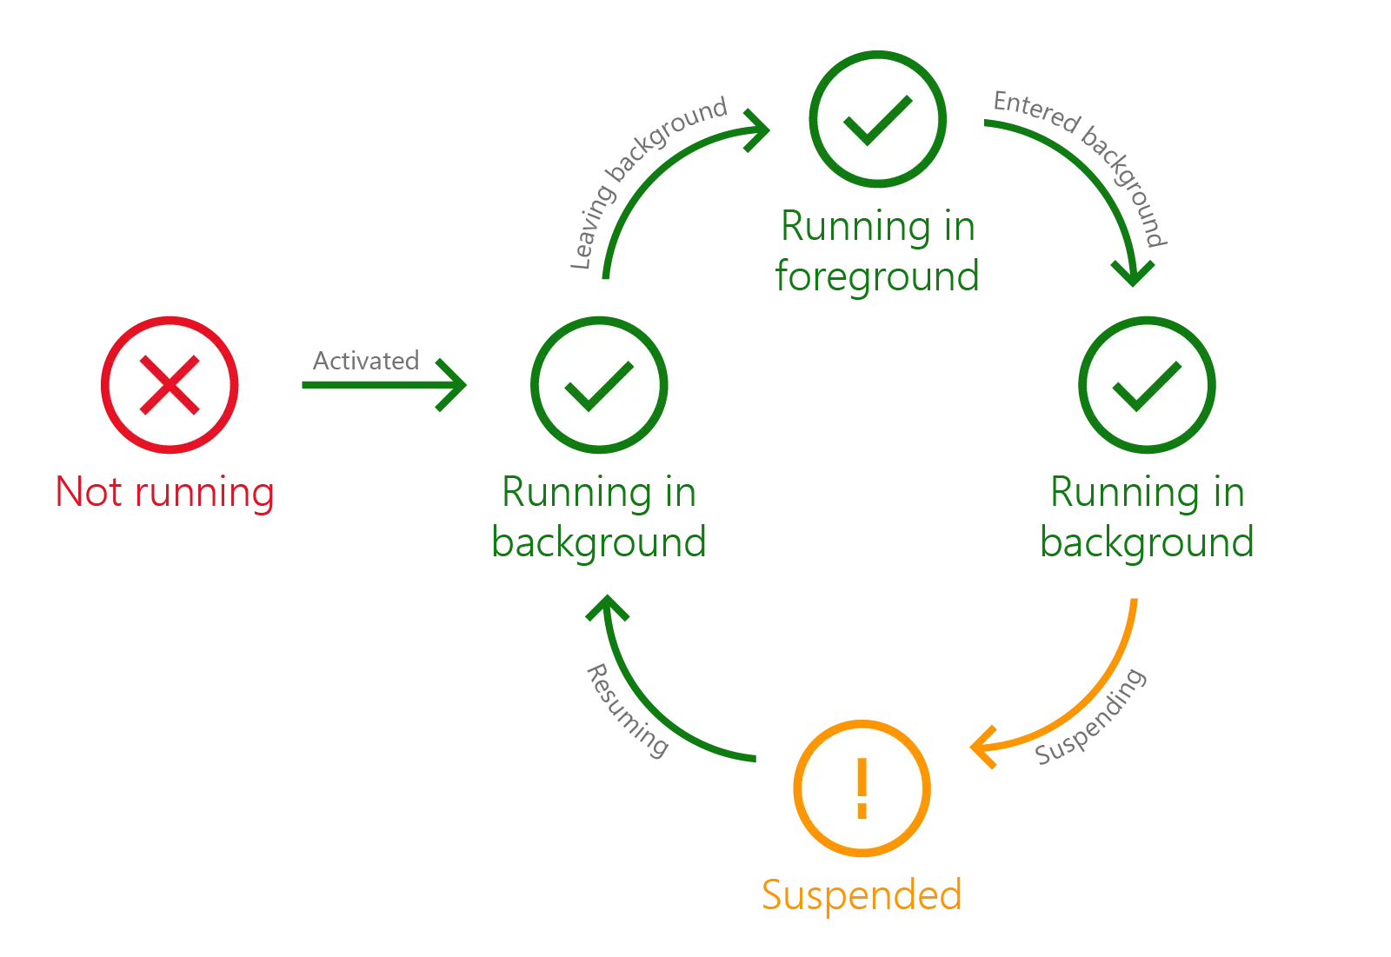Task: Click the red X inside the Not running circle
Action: pos(170,385)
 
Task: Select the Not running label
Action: pos(165,493)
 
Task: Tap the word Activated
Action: pos(366,360)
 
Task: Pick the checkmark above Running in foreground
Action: pos(877,121)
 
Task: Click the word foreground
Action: pos(877,276)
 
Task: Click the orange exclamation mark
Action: pos(862,788)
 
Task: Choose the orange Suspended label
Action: pos(862,895)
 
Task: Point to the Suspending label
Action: pos(1091,716)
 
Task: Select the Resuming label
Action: pos(627,710)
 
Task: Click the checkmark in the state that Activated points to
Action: pos(599,386)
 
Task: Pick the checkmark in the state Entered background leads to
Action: pos(1147,386)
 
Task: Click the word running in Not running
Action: pos(204,495)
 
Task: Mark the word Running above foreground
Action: pos(855,226)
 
